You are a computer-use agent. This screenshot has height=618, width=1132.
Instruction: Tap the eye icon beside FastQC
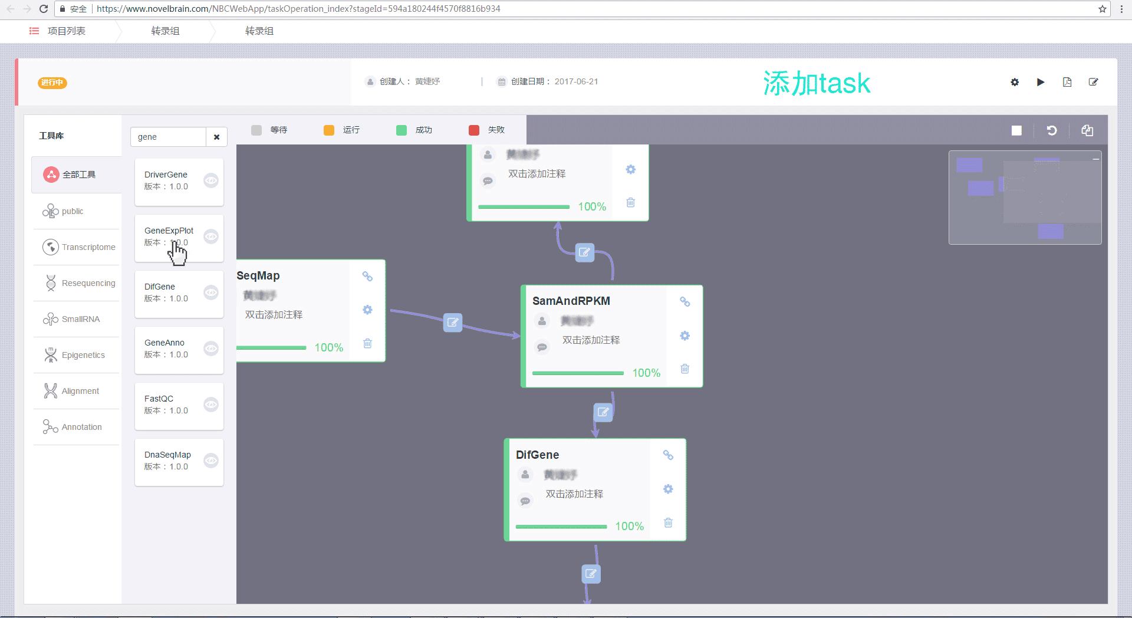(x=211, y=405)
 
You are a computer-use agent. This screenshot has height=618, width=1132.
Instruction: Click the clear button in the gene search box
(x=216, y=137)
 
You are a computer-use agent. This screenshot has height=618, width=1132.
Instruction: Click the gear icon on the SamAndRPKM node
(x=685, y=336)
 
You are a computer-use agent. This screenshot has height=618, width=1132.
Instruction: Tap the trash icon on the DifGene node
(x=668, y=522)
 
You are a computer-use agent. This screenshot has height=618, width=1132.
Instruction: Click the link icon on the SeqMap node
(x=367, y=276)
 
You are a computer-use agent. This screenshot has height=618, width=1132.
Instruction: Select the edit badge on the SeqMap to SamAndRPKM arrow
(x=453, y=322)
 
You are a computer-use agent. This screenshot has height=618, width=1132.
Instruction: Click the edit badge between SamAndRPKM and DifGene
(x=603, y=412)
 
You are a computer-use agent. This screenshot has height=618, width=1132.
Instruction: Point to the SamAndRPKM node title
(x=571, y=301)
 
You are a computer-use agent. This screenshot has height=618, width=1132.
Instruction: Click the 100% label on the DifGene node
(x=629, y=526)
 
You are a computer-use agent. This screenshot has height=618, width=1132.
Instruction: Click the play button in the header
(x=1041, y=82)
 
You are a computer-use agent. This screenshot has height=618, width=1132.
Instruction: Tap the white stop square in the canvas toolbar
(x=1016, y=130)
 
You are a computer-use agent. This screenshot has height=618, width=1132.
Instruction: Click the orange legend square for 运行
(x=329, y=130)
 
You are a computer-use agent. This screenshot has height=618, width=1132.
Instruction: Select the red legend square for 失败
(x=474, y=130)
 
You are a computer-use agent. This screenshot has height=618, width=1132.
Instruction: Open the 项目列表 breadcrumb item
(x=66, y=31)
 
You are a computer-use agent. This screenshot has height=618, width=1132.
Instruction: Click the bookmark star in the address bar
(x=1102, y=9)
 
